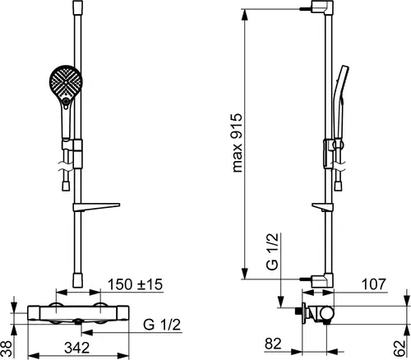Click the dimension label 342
point(77,348)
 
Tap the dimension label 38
point(7,348)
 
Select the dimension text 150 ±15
point(135,284)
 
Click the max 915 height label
point(237,143)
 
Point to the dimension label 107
point(374,284)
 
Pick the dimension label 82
point(273,344)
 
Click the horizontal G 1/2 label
point(162,325)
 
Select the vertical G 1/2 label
point(272,252)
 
